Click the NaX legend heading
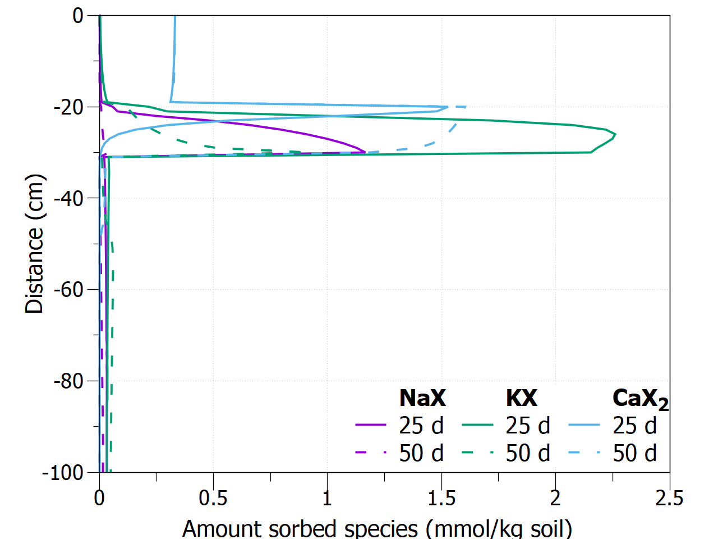click(x=422, y=398)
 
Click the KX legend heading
click(x=521, y=398)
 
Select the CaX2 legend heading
click(x=640, y=399)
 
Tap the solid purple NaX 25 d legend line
click(x=371, y=426)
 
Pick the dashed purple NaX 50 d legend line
click(x=371, y=453)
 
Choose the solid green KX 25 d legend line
click(x=477, y=426)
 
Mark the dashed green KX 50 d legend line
click(x=477, y=453)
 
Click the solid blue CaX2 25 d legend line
click(x=584, y=426)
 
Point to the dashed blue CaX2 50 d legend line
click(x=584, y=453)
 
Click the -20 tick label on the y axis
click(x=68, y=107)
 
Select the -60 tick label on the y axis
click(x=68, y=290)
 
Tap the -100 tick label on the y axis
click(x=62, y=473)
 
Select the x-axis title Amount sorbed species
click(x=377, y=528)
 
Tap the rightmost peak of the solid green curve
click(x=615, y=134)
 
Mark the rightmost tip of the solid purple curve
click(x=365, y=152)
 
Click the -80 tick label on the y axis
click(x=68, y=381)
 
